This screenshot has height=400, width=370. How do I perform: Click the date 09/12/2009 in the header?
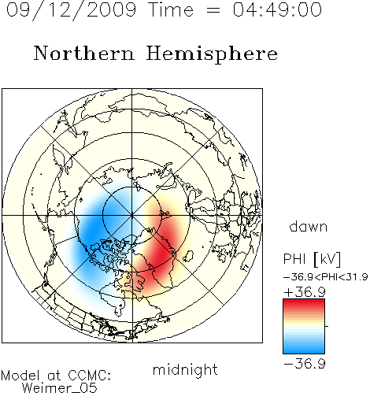click(x=72, y=10)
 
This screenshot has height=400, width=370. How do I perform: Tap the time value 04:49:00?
click(x=277, y=9)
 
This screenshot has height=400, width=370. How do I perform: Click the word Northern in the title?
click(x=84, y=53)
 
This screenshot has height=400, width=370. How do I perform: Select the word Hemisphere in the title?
click(x=212, y=54)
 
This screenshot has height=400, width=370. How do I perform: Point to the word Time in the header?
click(x=171, y=9)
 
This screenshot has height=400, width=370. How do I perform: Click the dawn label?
click(x=309, y=226)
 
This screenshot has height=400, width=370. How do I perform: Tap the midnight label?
click(x=185, y=369)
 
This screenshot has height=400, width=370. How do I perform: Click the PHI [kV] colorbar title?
click(x=312, y=259)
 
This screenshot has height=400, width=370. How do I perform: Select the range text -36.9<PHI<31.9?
click(x=325, y=277)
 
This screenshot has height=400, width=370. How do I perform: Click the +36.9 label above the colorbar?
click(x=305, y=292)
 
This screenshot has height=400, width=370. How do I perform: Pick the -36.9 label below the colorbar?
click(x=305, y=364)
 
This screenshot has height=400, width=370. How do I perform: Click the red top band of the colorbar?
click(x=304, y=302)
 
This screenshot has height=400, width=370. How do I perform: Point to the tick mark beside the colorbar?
click(x=327, y=326)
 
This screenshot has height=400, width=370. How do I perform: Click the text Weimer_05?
click(x=60, y=387)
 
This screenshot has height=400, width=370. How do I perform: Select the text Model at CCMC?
click(x=56, y=376)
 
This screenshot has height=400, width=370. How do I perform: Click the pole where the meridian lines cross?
click(x=131, y=215)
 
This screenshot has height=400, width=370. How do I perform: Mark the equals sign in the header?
click(x=213, y=11)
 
